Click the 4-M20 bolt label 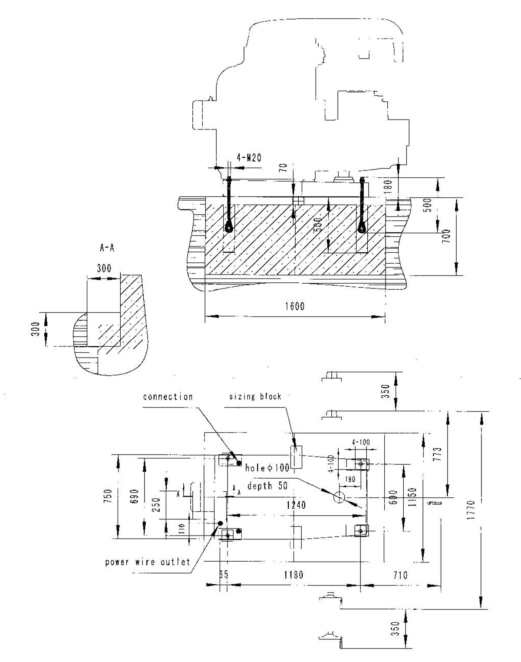coord(249,157)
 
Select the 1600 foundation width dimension coord(294,306)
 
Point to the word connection coord(168,397)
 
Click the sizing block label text coord(255,396)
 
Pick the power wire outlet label coord(148,562)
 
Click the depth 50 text coord(267,486)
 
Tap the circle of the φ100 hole coord(339,496)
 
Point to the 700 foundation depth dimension coord(446,237)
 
